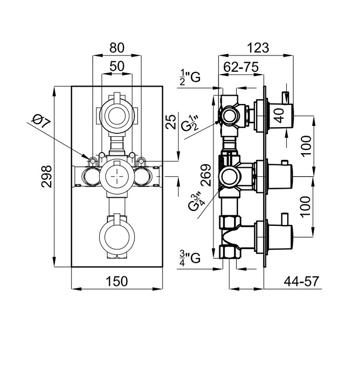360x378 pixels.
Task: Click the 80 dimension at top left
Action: [x=117, y=48]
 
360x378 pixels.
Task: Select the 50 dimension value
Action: [x=117, y=66]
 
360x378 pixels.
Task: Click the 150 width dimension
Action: [x=117, y=282]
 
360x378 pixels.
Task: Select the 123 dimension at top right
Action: [x=258, y=48]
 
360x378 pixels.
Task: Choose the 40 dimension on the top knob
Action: [x=280, y=115]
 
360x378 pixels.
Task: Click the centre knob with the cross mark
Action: [x=117, y=175]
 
